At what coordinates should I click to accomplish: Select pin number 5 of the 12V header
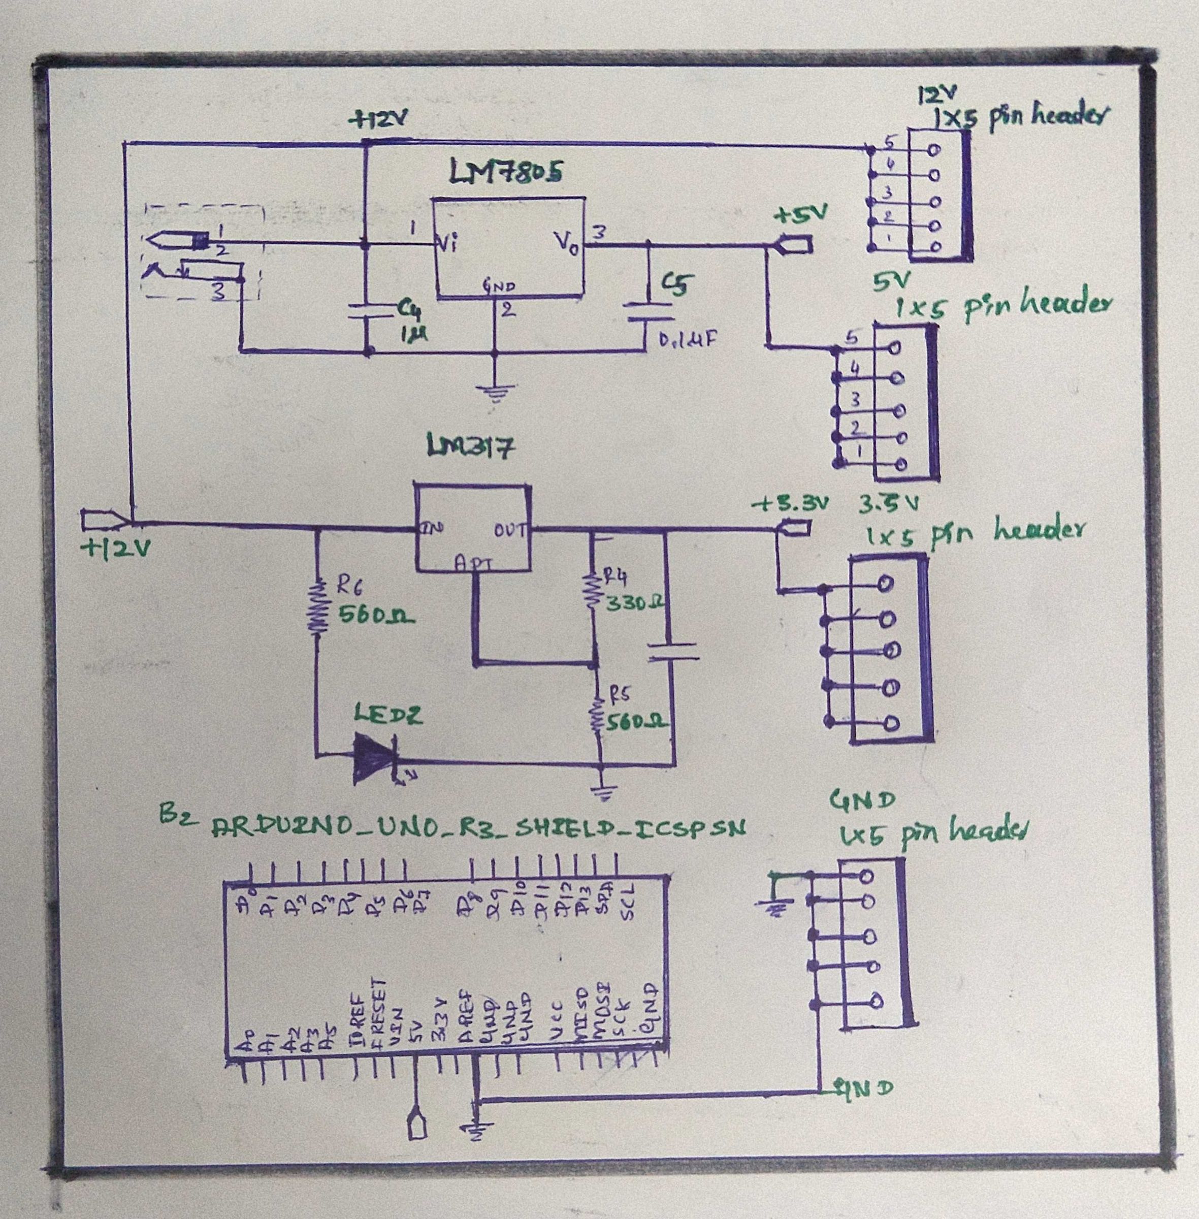click(x=889, y=144)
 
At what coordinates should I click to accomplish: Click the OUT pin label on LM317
click(x=509, y=530)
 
